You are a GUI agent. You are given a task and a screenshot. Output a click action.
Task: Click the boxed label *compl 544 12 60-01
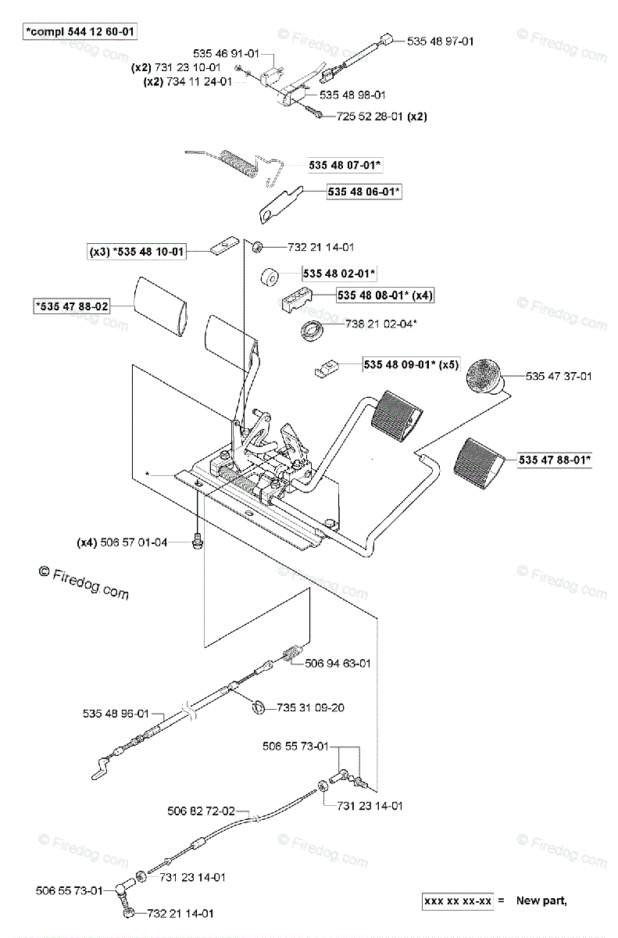click(x=80, y=32)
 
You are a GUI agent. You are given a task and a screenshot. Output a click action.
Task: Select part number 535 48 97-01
click(x=440, y=41)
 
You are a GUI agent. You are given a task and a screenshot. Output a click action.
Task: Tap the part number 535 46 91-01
click(x=227, y=53)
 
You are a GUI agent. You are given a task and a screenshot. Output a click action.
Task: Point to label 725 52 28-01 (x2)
click(x=381, y=116)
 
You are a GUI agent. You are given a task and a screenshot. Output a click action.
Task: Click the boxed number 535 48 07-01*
click(x=345, y=165)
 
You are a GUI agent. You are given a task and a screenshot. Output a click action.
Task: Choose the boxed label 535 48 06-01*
click(x=364, y=191)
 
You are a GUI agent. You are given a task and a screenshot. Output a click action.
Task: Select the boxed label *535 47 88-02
click(x=71, y=307)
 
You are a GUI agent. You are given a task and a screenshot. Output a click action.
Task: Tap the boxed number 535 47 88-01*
click(x=554, y=460)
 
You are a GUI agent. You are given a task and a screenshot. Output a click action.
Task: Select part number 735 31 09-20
click(x=310, y=708)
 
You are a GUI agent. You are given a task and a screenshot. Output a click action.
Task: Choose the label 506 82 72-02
click(x=201, y=811)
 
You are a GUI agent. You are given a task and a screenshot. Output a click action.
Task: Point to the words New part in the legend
click(x=541, y=901)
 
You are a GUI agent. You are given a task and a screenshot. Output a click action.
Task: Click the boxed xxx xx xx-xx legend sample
click(x=458, y=901)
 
